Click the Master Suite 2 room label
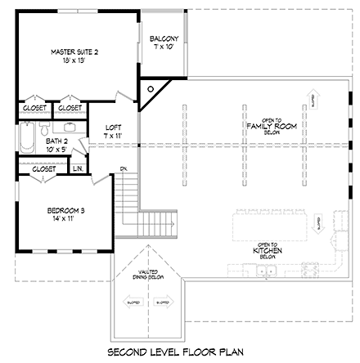point(74,56)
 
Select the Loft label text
point(114,130)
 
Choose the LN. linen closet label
point(78,168)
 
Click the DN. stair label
point(123,169)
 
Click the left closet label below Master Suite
point(34,107)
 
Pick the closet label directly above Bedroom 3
point(43,168)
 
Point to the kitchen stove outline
point(311,268)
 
